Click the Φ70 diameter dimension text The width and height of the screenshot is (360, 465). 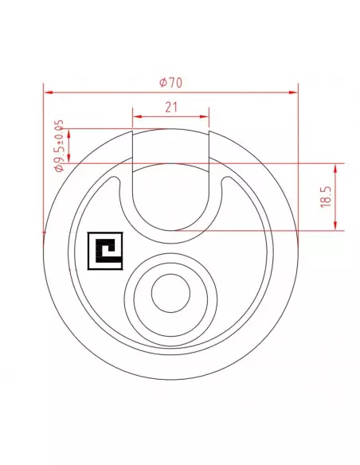pos(170,83)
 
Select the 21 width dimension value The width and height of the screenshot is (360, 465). pos(171,107)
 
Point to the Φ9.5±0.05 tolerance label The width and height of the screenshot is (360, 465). pos(59,146)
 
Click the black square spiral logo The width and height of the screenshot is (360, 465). pos(105,251)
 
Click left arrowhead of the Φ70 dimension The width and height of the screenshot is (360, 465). pos(49,92)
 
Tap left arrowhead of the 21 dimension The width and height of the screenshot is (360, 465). pos(137,117)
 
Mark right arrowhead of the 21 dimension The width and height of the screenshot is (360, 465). pos(205,117)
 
